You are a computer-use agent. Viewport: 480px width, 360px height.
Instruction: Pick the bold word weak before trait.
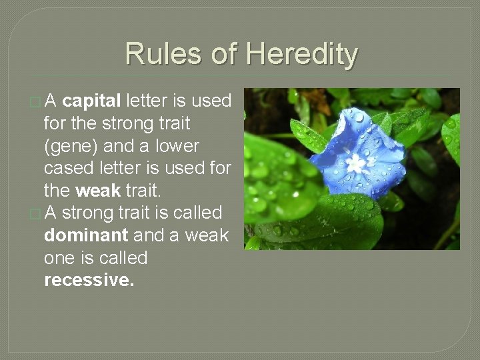(98, 191)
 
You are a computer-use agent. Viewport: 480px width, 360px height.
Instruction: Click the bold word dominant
(86, 235)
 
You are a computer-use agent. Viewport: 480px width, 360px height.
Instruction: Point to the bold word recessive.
(89, 280)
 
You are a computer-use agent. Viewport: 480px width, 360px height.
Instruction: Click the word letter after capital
(147, 101)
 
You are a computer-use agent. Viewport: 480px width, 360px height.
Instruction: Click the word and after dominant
(147, 235)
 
